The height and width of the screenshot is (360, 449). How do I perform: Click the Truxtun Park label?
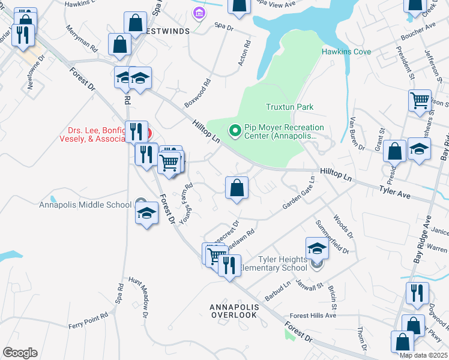point(290,107)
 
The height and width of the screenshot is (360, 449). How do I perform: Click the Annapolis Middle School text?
point(85,205)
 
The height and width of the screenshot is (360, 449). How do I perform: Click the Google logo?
point(20,353)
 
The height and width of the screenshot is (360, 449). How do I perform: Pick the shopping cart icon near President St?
point(420,100)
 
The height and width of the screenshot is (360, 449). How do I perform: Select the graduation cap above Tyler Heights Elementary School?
point(318,247)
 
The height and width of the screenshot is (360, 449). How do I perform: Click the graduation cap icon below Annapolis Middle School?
point(146,214)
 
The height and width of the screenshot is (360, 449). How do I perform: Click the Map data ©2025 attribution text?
point(423,355)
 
